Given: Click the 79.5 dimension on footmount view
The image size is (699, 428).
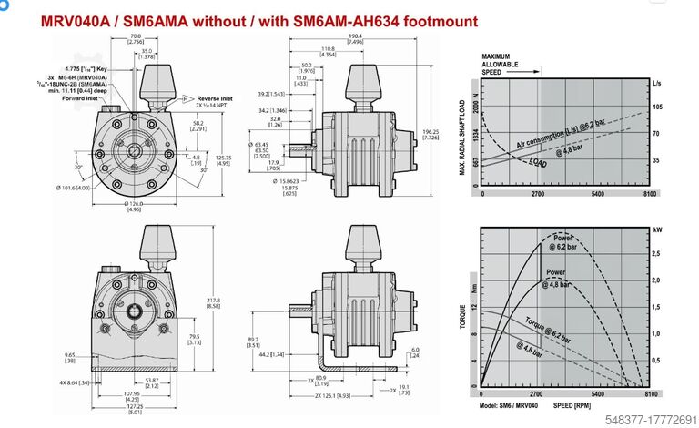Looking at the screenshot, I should (x=196, y=338).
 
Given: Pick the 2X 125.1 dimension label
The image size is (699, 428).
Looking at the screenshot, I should (x=338, y=393).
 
